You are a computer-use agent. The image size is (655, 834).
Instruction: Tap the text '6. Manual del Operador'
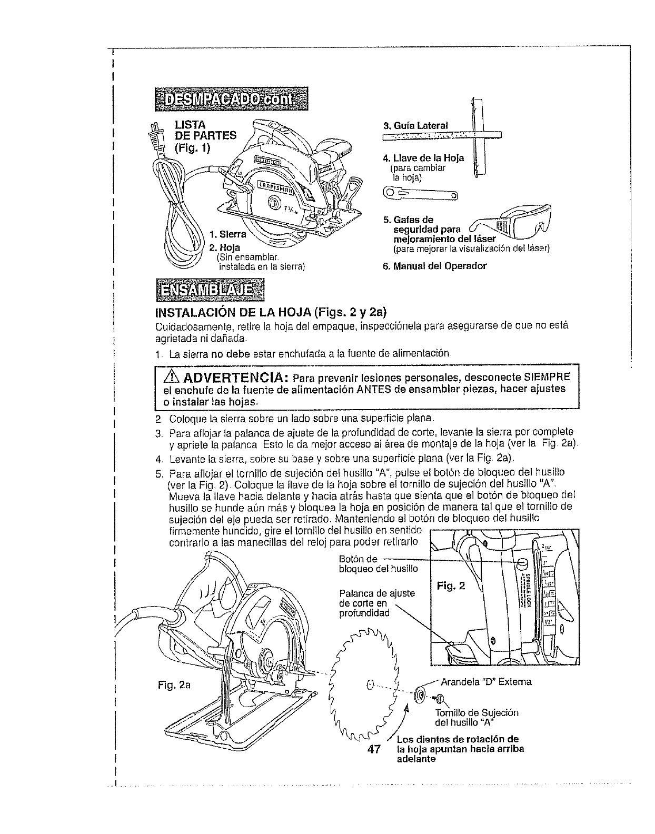pos(434,266)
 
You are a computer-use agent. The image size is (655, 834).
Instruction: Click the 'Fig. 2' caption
pos(451,586)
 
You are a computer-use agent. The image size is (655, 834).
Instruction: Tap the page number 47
pos(373,750)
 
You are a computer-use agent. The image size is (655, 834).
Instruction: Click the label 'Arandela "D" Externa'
pos(486,682)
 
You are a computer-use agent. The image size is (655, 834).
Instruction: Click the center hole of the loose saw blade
pos(369,684)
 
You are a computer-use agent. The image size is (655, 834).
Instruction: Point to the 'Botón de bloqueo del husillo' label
pos(378,564)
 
